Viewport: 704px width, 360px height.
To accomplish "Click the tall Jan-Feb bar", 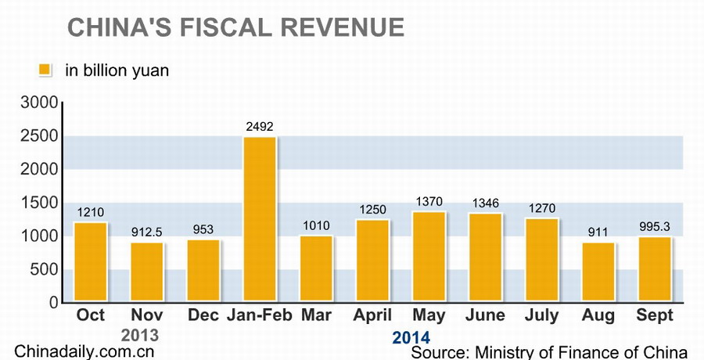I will point(260,219).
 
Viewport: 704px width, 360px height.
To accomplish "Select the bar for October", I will point(91,262).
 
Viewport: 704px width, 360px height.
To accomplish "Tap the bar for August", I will point(598,272).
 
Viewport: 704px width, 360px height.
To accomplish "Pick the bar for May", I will point(429,257).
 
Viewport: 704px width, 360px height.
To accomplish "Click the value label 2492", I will point(260,127).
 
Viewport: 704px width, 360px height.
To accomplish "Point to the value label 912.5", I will point(147,232).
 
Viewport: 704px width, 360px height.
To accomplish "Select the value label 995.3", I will point(654,226).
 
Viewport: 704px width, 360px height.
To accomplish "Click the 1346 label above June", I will point(485,203).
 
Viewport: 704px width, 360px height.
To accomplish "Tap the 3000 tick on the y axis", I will point(38,103).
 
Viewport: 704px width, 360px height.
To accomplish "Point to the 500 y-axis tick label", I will point(44,269).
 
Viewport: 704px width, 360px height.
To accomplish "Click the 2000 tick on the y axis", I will point(38,169).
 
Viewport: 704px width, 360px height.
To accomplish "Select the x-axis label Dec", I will point(203,315).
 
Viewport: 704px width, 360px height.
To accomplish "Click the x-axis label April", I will point(372,315).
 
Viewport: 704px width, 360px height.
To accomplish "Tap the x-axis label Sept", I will point(654,315).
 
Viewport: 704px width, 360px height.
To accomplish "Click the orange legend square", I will point(45,70).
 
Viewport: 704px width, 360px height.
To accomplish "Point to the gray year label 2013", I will point(140,335).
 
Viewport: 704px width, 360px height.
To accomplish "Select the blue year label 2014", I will point(411,337).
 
